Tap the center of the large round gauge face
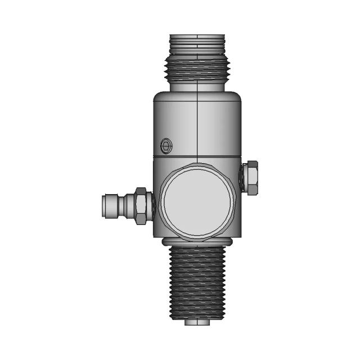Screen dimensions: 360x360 [x=196, y=202]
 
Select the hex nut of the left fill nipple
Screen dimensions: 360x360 [x=142, y=206]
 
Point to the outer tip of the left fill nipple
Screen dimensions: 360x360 [x=102, y=206]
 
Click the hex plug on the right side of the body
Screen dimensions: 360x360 [x=251, y=178]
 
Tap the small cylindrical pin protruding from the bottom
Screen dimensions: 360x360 [x=197, y=322]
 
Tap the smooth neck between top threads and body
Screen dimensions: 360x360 [x=197, y=85]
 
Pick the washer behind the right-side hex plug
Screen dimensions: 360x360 [x=243, y=178]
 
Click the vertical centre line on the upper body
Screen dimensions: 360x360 [x=197, y=124]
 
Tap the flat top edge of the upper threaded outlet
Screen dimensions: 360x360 [x=197, y=35]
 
